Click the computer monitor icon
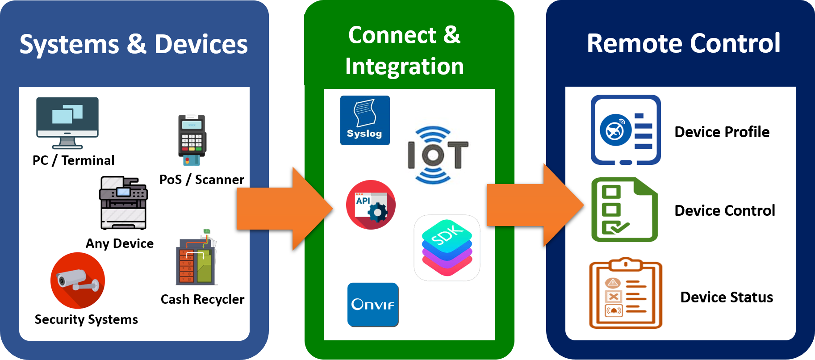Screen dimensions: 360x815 coord(67,121)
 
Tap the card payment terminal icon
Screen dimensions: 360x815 coord(192,140)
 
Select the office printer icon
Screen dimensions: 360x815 coord(123,203)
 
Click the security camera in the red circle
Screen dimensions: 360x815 coord(78,280)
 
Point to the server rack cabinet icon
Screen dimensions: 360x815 coord(196,259)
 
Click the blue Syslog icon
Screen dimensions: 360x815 coord(365,120)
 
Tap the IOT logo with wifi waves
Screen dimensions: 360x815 coord(437,155)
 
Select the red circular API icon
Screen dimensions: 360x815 coord(371,205)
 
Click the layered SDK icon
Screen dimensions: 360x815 coord(447,247)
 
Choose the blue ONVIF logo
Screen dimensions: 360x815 coord(373,305)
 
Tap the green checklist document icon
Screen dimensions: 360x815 coord(624,209)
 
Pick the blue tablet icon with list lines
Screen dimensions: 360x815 coord(626,130)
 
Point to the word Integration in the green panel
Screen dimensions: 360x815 coord(404,67)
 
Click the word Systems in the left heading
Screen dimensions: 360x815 coord(69,45)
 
